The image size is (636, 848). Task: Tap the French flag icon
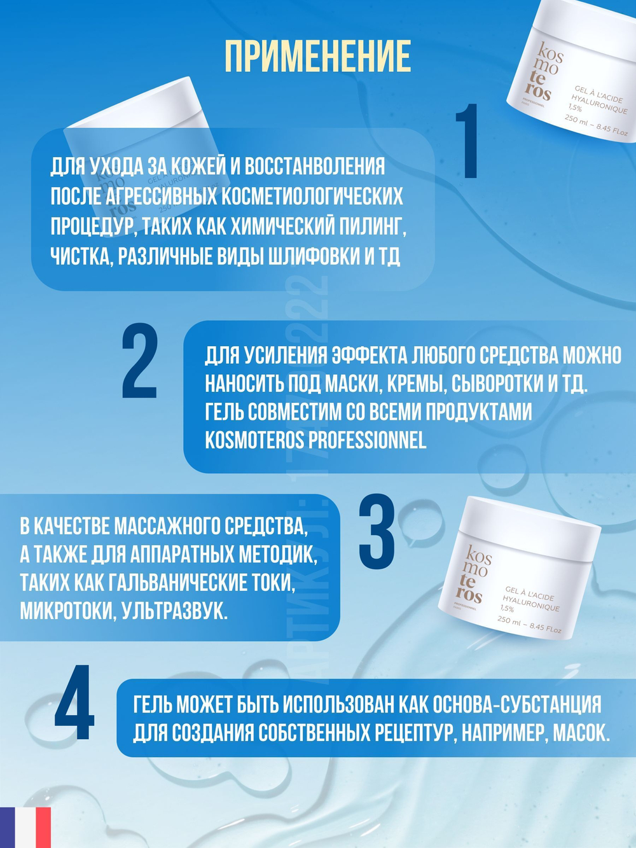[x=25, y=827]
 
